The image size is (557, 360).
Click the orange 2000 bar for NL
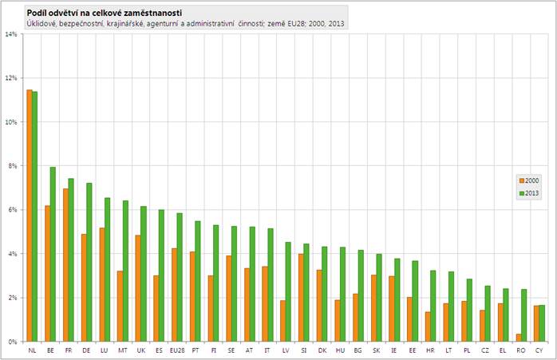pos(30,216)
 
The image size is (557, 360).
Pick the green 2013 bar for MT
pos(125,271)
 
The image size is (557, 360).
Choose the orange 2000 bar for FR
pos(65,264)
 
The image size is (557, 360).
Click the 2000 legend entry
pos(529,181)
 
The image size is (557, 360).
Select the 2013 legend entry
pos(529,192)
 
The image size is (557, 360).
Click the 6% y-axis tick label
pos(12,210)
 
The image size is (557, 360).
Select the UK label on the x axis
pos(140,350)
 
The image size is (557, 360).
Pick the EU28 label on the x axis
pos(176,350)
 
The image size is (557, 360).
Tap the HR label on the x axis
pos(430,350)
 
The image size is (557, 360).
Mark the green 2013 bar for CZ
pos(487,313)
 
